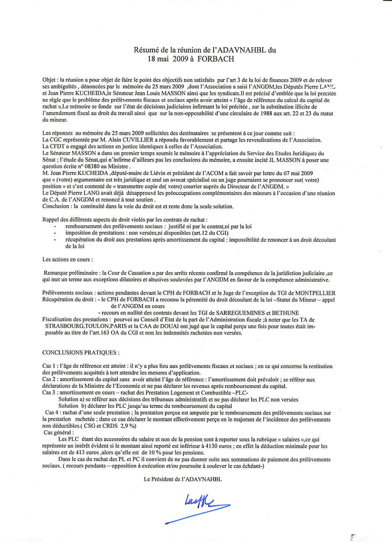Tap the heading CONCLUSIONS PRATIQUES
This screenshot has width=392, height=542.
point(81,353)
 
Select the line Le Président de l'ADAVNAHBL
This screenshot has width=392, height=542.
point(183,479)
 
